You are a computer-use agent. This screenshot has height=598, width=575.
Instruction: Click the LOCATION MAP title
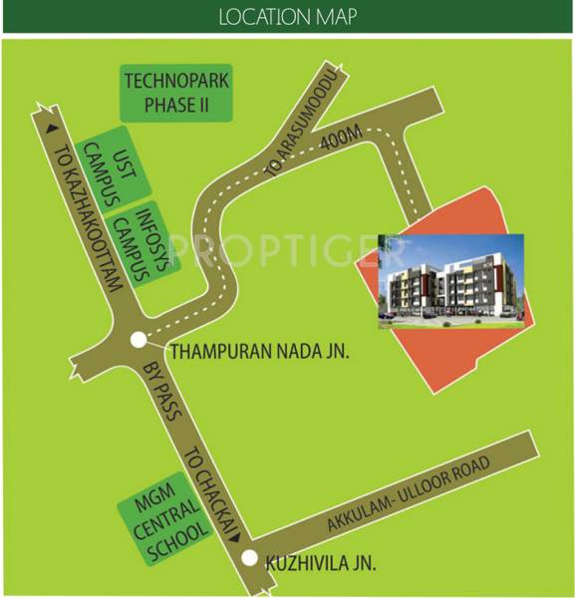tap(286, 16)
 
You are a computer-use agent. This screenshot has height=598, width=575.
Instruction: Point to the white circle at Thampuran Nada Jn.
tap(138, 342)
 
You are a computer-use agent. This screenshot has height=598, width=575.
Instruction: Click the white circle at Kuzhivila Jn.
tap(250, 559)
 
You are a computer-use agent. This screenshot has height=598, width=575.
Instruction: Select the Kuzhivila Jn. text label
tap(321, 564)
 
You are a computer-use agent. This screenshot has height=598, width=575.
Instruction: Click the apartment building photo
tap(449, 280)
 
